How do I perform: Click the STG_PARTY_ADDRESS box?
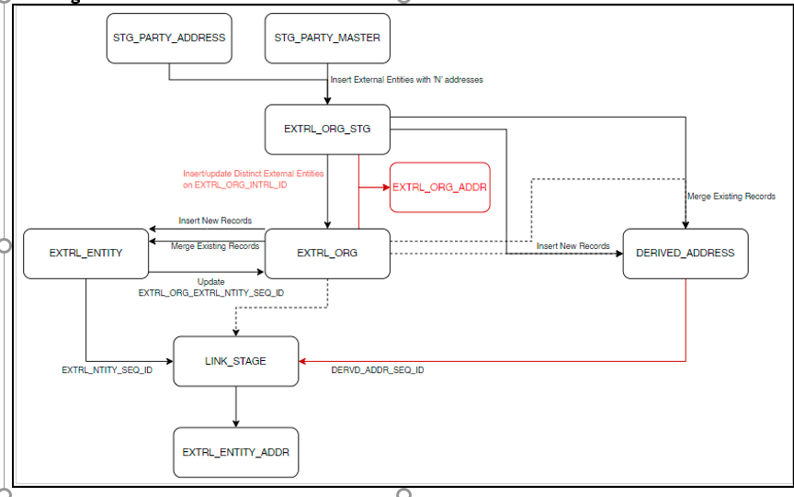click(169, 38)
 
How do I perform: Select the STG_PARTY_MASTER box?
click(327, 38)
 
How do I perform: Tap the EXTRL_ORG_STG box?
click(327, 130)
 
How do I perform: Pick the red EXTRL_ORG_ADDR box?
click(439, 187)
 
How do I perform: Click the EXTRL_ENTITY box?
click(85, 253)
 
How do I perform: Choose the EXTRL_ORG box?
click(327, 253)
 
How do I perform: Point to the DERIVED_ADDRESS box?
click(686, 253)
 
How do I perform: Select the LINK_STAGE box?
click(236, 361)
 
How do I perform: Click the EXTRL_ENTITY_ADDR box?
click(236, 452)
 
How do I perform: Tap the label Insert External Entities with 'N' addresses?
click(406, 80)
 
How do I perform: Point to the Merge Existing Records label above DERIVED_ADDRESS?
click(732, 197)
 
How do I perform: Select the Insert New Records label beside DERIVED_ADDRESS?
click(573, 246)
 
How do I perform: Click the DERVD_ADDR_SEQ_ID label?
click(378, 370)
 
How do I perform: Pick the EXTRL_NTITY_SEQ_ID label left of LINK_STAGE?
click(107, 370)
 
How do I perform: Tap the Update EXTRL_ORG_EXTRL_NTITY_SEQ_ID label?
click(210, 287)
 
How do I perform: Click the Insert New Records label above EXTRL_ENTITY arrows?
click(215, 221)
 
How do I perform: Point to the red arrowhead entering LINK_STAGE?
click(304, 361)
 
